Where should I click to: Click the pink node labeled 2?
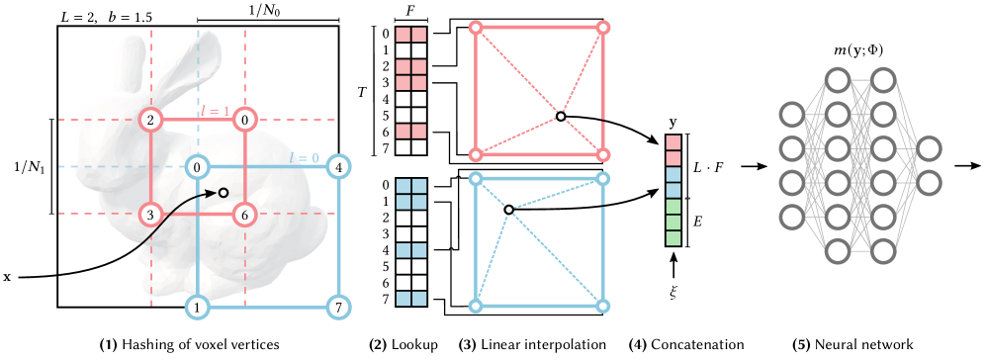pyautogui.click(x=150, y=120)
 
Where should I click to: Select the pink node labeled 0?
pyautogui.click(x=244, y=120)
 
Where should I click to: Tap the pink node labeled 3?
pyautogui.click(x=150, y=214)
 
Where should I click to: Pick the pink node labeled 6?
pyautogui.click(x=244, y=214)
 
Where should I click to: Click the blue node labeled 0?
pyautogui.click(x=198, y=167)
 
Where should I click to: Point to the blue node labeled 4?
pyautogui.click(x=339, y=167)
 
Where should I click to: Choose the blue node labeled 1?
pyautogui.click(x=198, y=308)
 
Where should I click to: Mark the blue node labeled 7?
pyautogui.click(x=339, y=308)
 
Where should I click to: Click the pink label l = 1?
pyautogui.click(x=215, y=111)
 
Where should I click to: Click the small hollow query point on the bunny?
pyautogui.click(x=224, y=192)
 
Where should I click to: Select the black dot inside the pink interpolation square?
pyautogui.click(x=561, y=117)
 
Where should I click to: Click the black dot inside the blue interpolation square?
pyautogui.click(x=508, y=210)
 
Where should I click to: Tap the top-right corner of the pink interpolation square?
pyautogui.click(x=603, y=28)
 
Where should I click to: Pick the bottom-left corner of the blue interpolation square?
pyautogui.click(x=476, y=306)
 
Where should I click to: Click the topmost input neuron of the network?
pyautogui.click(x=791, y=115)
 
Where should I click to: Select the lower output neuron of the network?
pyautogui.click(x=929, y=183)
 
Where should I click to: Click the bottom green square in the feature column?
pyautogui.click(x=673, y=238)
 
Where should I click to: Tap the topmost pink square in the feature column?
pyautogui.click(x=673, y=142)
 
